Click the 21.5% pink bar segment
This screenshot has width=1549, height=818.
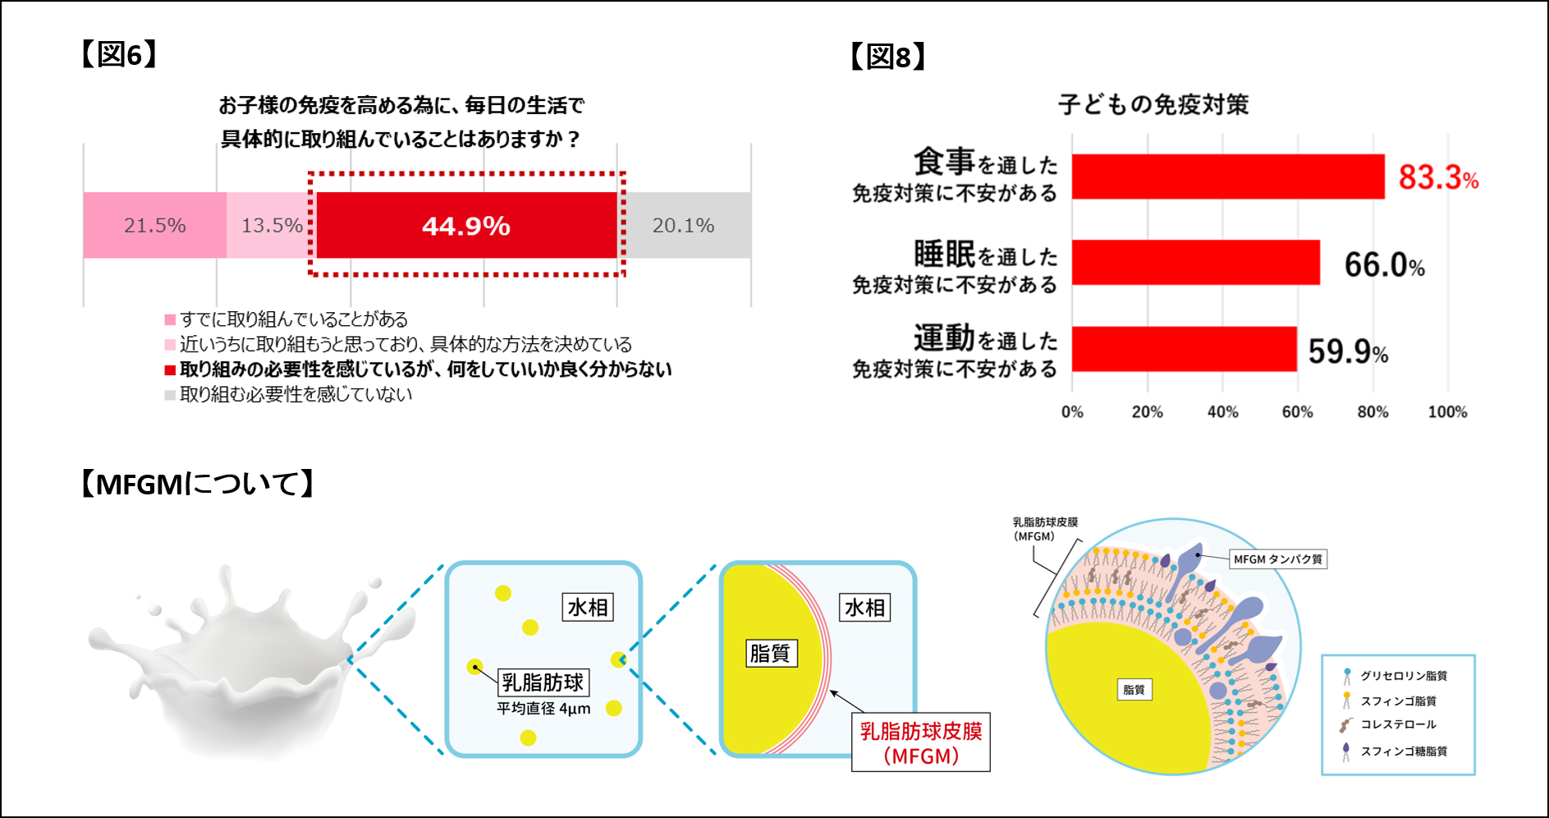coord(154,225)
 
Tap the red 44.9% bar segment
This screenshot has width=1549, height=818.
coord(466,225)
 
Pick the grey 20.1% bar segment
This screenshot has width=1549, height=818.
coord(685,225)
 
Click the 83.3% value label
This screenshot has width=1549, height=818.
coord(1437,177)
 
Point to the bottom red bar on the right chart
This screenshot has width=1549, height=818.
coord(1184,349)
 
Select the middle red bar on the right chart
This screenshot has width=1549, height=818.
coord(1195,263)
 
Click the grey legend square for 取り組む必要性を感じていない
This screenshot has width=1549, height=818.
coord(170,395)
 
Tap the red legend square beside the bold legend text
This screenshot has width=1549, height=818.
coord(170,370)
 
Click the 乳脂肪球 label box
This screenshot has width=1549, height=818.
coord(543,682)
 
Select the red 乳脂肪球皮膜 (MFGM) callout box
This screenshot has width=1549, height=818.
coord(920,742)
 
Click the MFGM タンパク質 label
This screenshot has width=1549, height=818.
coord(1277,559)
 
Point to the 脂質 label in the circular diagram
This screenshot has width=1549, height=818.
coord(1134,690)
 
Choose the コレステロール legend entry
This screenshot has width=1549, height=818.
coord(1397,724)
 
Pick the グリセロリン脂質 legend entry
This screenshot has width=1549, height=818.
coord(1402,676)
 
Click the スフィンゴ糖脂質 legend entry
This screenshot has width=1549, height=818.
coord(1402,751)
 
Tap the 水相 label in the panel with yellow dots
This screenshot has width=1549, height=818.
coord(588,608)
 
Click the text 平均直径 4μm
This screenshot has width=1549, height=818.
coord(543,709)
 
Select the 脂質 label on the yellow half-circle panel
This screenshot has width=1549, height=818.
coord(770,654)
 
